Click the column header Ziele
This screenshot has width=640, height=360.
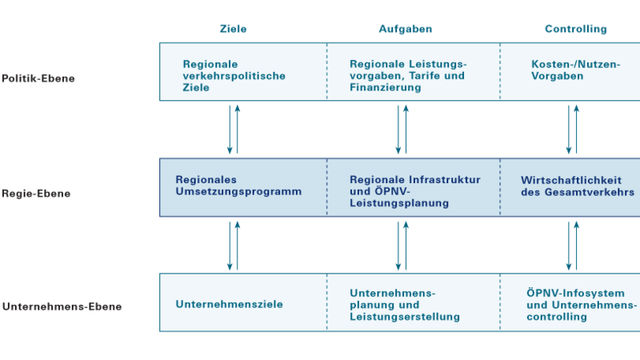click(233, 29)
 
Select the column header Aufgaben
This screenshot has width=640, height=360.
click(406, 29)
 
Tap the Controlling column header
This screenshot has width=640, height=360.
click(576, 29)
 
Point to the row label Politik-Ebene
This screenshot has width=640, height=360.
click(38, 78)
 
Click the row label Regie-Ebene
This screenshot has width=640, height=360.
click(36, 194)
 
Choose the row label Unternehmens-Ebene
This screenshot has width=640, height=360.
click(62, 306)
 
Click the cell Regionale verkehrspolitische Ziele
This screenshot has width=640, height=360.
click(234, 76)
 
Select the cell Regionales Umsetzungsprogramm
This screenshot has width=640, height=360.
click(238, 186)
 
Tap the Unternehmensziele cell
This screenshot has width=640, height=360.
click(229, 304)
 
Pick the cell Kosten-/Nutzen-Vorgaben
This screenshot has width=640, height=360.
click(575, 70)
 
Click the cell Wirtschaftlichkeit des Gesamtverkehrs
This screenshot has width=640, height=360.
click(578, 186)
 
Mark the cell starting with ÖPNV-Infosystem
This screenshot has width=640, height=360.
click(582, 305)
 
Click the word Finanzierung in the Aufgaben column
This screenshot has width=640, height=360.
click(386, 87)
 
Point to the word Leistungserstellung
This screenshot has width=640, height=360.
click(405, 317)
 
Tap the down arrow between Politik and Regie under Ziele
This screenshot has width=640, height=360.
click(230, 130)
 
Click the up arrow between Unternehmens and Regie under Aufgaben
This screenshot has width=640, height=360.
click(406, 246)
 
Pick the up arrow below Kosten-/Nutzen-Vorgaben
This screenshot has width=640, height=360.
click(576, 130)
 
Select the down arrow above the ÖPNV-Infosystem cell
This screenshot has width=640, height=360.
click(569, 246)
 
